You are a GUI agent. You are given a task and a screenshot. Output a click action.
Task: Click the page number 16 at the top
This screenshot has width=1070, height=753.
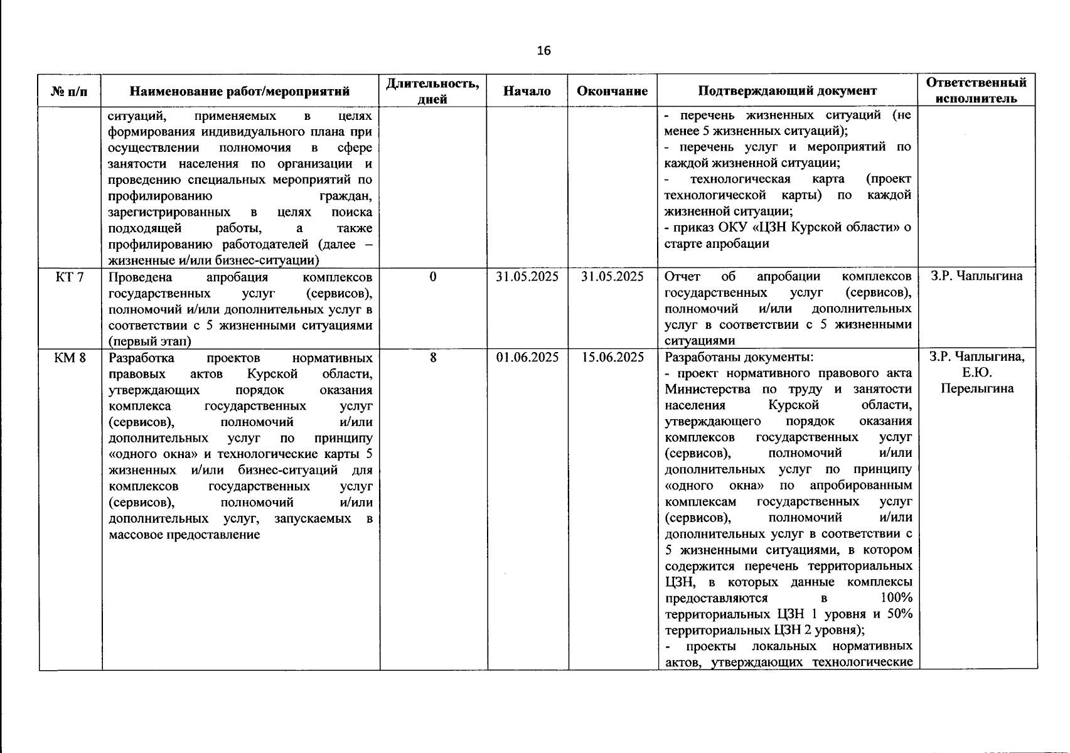click(543, 51)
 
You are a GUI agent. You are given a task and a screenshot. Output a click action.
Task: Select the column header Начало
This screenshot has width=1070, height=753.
click(527, 91)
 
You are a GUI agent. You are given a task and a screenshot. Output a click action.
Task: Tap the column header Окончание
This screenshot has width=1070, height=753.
click(612, 91)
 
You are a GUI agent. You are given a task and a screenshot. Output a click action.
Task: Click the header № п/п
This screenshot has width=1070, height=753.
click(70, 92)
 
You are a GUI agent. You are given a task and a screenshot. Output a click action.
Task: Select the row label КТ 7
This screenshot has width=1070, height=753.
click(70, 277)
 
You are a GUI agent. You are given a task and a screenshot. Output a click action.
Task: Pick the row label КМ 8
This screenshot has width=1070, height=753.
click(70, 358)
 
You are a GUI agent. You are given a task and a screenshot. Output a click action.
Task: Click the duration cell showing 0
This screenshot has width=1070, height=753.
click(432, 277)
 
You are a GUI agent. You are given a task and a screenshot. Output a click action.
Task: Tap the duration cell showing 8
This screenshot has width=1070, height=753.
click(432, 358)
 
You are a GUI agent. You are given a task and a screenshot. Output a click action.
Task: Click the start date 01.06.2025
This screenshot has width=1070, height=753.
click(527, 358)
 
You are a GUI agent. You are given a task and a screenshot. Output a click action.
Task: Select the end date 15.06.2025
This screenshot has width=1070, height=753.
click(612, 358)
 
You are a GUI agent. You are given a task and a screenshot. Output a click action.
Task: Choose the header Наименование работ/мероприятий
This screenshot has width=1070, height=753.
click(239, 92)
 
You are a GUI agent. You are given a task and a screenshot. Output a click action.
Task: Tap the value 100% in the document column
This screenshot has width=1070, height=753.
click(896, 597)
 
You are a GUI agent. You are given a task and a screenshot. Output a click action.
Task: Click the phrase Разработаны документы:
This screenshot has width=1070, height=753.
click(739, 358)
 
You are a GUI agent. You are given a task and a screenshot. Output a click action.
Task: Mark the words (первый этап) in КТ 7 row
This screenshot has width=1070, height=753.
click(149, 341)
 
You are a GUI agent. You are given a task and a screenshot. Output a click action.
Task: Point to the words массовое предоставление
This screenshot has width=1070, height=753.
click(184, 535)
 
